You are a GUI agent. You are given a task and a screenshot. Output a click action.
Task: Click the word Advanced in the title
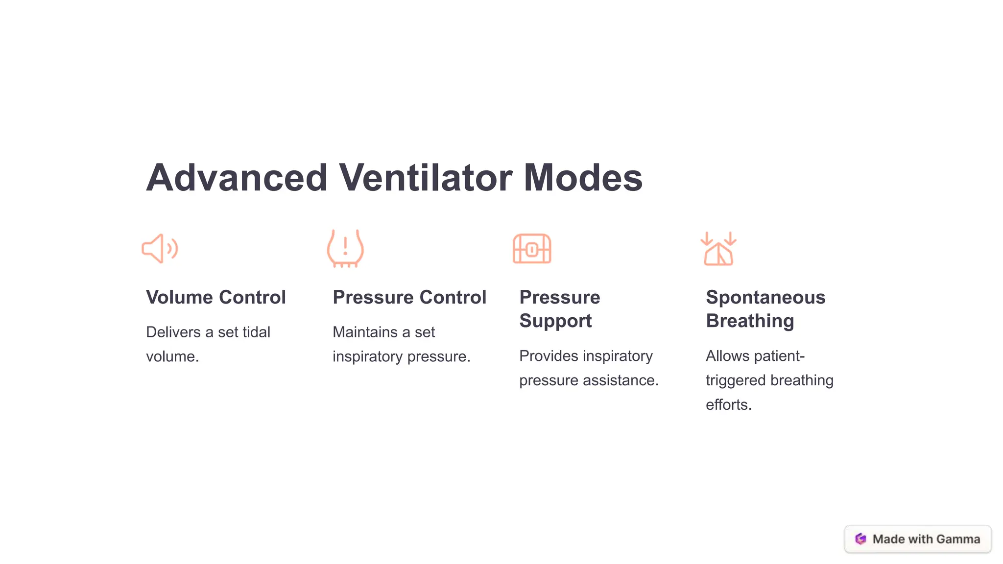237,178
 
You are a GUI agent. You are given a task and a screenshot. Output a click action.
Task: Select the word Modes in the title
583,178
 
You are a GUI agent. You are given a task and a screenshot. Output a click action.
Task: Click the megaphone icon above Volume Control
160,249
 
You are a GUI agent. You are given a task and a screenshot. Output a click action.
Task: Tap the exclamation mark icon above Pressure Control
345,248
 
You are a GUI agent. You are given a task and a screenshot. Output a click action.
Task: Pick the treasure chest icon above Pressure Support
532,249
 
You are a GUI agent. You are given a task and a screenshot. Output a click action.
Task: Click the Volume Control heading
216,297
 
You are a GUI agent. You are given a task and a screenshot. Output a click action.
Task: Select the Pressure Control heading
409,297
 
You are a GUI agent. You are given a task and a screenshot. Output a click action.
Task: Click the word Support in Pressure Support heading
555,321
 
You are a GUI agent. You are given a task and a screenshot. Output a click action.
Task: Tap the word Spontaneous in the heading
765,297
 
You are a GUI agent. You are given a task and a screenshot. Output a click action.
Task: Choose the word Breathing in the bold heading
750,321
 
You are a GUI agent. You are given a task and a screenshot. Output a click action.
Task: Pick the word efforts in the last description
728,405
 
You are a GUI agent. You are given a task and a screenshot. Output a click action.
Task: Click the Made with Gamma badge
918,539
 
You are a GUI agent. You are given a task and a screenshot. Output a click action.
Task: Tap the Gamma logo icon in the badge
860,539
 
